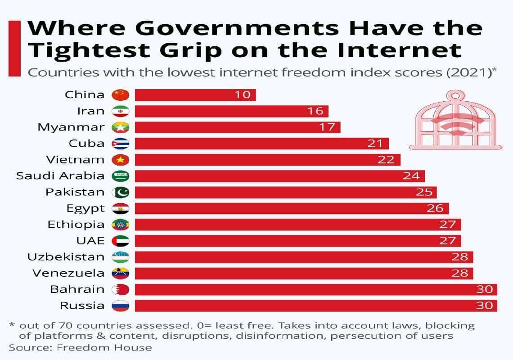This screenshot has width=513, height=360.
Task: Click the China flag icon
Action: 121,95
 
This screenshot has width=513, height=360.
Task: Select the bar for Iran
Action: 231,111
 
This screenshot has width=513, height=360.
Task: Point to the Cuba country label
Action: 87,144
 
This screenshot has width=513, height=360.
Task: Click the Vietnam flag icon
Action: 121,160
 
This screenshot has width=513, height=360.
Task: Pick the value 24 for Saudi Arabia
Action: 411,176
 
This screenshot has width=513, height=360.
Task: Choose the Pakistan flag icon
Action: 121,192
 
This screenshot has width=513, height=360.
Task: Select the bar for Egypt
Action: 292,208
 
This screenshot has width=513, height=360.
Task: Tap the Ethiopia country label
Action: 76,225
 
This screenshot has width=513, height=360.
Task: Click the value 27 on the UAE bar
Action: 448,241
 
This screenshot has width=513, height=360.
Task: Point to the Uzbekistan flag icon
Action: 121,257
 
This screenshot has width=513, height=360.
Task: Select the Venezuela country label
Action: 68,273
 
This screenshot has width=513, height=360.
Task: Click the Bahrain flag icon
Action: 121,289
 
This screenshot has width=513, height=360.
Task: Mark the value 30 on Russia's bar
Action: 484,306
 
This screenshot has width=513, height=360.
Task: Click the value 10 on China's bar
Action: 243,95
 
